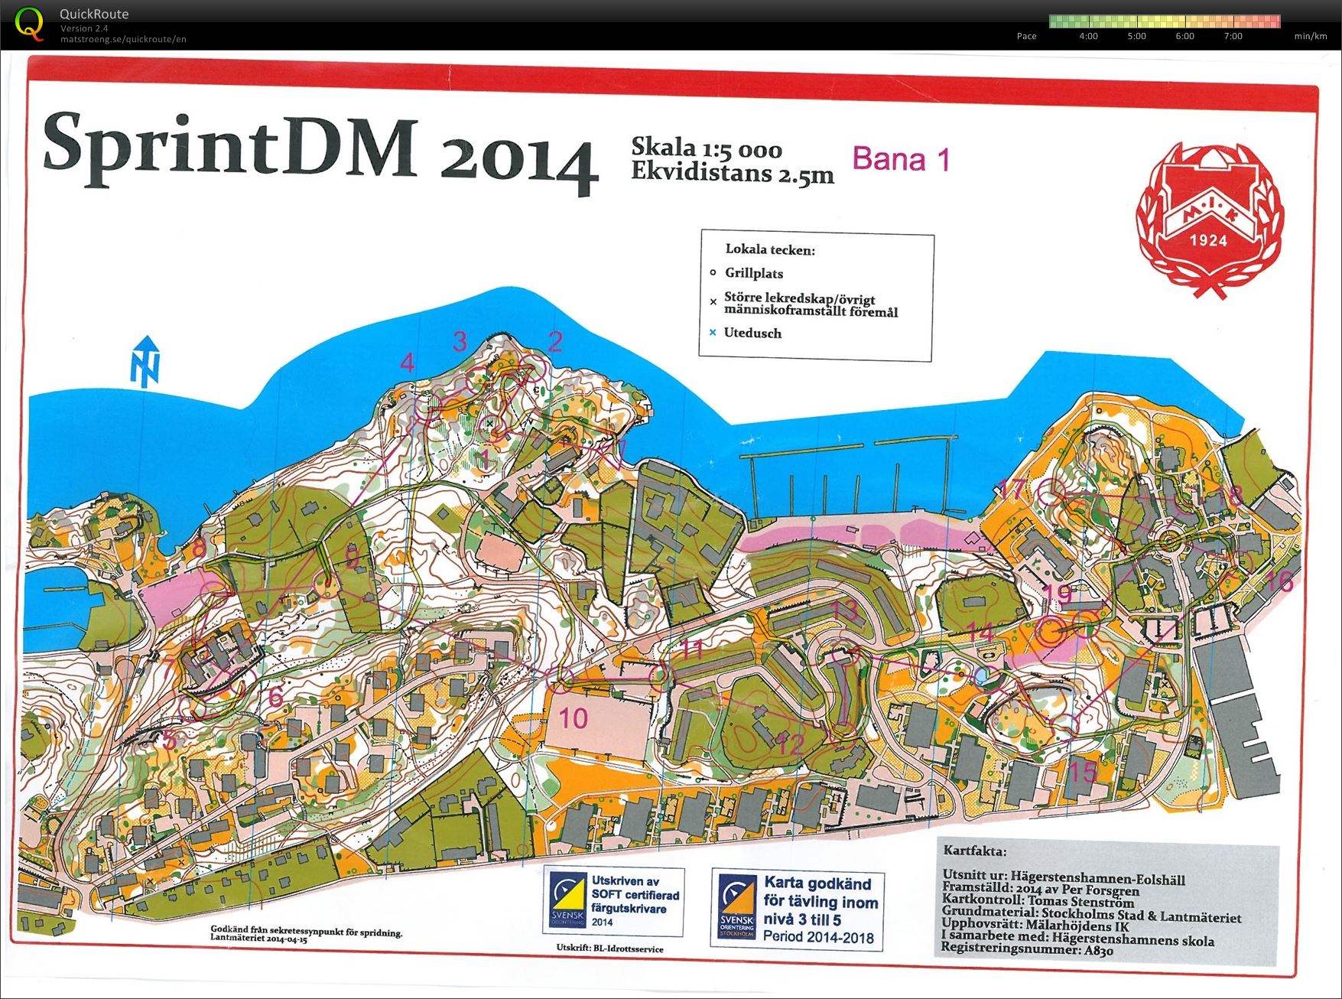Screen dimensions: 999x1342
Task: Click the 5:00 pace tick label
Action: pos(1136,36)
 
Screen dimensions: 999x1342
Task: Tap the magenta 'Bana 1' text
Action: pos(901,159)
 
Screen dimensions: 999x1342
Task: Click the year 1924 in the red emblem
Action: pos(1208,241)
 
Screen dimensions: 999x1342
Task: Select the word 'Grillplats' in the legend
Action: pos(754,273)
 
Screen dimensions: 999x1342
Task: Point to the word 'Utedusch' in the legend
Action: pos(752,333)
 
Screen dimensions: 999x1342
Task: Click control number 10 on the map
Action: pos(573,718)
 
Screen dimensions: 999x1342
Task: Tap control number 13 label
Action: pos(844,610)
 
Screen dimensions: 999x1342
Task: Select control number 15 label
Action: pos(1082,772)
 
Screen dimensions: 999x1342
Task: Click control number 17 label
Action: pos(1011,490)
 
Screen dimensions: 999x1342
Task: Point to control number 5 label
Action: pos(170,740)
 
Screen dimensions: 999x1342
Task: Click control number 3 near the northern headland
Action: pos(460,341)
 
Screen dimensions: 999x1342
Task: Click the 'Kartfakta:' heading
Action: pos(975,851)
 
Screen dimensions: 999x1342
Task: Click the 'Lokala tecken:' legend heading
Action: pos(769,250)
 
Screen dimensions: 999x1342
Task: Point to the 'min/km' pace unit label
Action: pos(1310,36)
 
